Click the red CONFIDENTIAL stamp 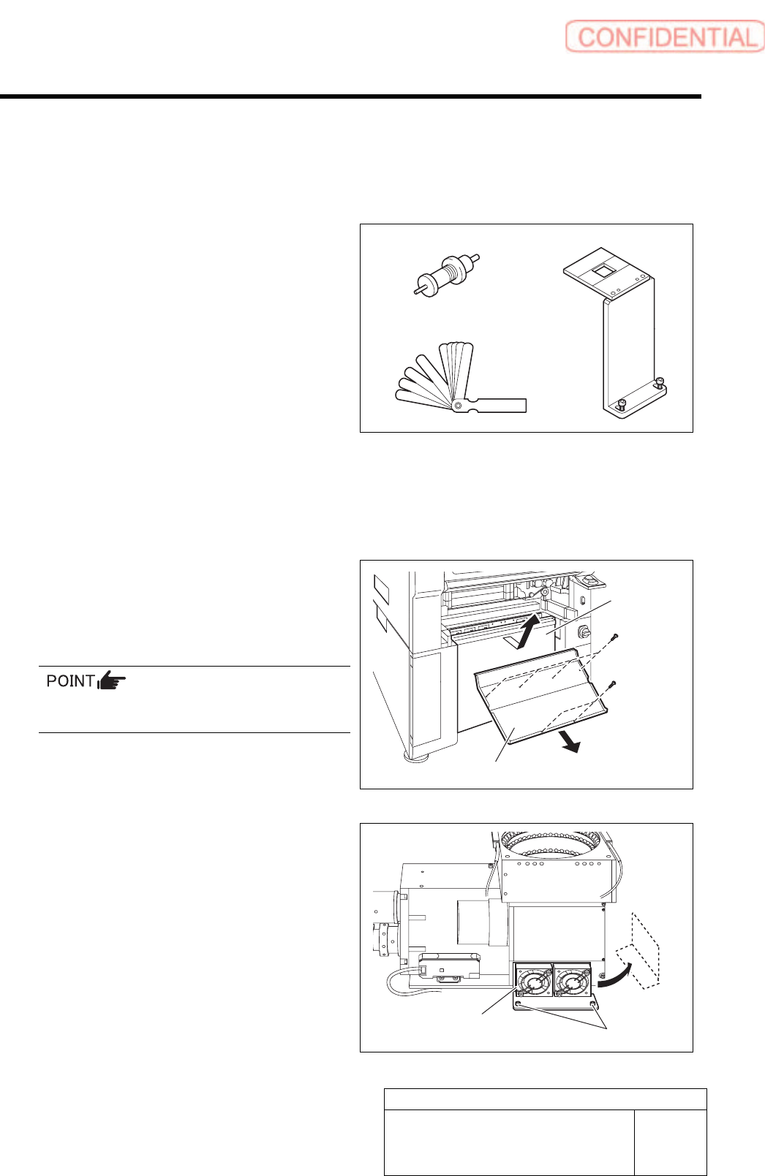(x=664, y=37)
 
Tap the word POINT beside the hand (x=70, y=681)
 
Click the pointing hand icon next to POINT (x=111, y=681)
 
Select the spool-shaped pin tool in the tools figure (x=445, y=274)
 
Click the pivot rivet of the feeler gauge (x=458, y=404)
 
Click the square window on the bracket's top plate (x=603, y=270)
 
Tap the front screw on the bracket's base (x=621, y=404)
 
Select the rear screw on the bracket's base (x=660, y=381)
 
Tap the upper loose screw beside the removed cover (x=617, y=637)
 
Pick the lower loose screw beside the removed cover (x=613, y=684)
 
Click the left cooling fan (x=534, y=982)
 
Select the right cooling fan (x=573, y=982)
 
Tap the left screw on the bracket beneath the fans (x=519, y=1006)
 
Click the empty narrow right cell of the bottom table (x=670, y=1142)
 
